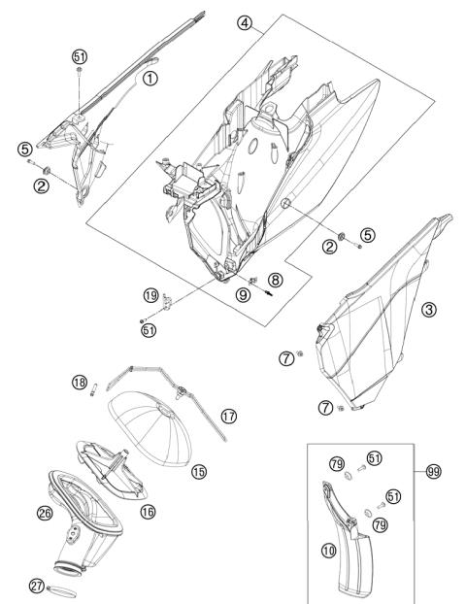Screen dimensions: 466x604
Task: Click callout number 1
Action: point(150,79)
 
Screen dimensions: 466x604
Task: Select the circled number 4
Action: point(245,23)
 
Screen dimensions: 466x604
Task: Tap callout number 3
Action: point(429,310)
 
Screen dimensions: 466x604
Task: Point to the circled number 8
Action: point(275,280)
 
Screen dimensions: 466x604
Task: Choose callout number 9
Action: point(243,295)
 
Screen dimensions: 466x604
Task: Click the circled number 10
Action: point(328,551)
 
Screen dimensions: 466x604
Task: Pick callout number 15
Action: point(199,472)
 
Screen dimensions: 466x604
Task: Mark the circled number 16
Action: point(148,512)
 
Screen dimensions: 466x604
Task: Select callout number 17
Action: point(229,417)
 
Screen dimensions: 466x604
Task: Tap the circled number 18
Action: point(80,383)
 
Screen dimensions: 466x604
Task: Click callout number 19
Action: point(151,295)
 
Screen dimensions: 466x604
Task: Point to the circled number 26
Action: point(45,513)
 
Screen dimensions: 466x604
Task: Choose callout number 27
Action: point(37,587)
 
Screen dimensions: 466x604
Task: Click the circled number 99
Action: point(434,472)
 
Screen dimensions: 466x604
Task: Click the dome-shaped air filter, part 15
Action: point(150,427)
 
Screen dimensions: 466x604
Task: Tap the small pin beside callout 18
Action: point(93,389)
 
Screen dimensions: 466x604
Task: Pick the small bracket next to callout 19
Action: point(168,302)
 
